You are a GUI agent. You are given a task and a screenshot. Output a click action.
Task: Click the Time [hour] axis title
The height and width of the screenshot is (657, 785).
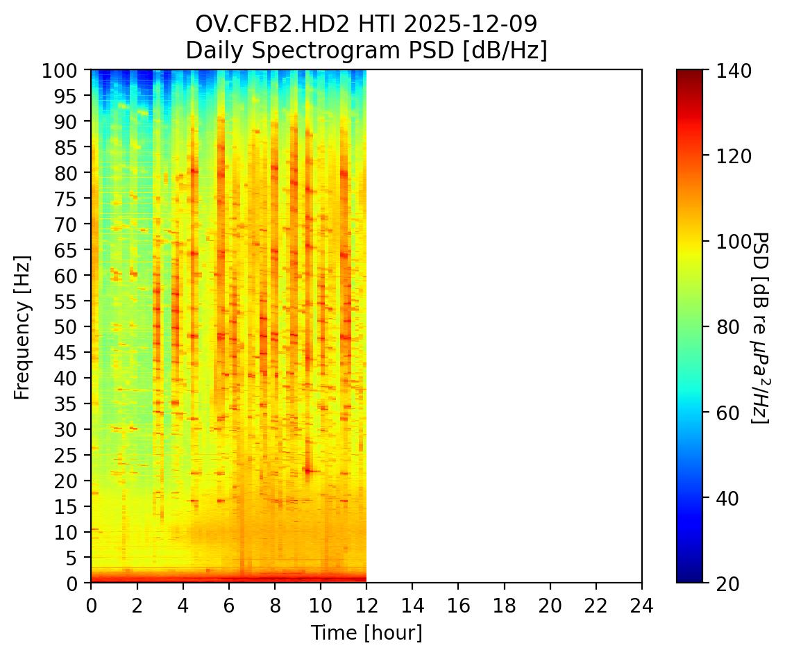[x=366, y=633]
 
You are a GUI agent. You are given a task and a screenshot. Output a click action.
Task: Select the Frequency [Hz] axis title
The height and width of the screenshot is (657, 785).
[x=22, y=326]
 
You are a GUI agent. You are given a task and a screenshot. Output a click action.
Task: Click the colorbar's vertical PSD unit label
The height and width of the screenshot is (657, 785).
[x=760, y=326]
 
